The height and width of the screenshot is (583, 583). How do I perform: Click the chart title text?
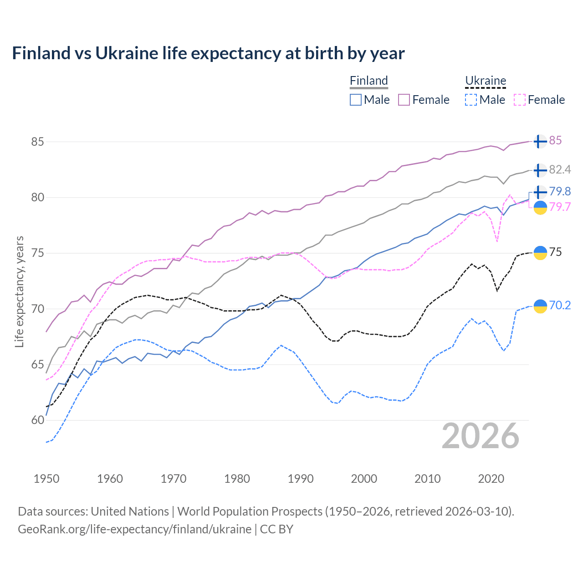point(208,53)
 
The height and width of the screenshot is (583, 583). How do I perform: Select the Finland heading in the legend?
point(368,81)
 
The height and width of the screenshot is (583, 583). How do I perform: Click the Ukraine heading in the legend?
point(486,81)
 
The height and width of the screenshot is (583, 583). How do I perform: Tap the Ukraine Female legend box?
point(520,100)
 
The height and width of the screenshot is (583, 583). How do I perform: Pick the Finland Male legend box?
point(356,100)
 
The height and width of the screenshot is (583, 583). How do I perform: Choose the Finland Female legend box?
point(404,100)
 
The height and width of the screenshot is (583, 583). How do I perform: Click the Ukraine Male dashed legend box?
point(471,100)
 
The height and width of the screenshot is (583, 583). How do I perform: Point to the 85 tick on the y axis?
point(37,142)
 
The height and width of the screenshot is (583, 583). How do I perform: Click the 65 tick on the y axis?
point(37,364)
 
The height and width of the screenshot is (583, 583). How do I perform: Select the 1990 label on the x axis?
point(301,479)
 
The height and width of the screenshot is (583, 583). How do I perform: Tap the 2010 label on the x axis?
point(427,479)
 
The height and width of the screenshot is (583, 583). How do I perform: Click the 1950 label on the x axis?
point(46,479)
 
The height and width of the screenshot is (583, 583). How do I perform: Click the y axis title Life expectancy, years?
point(19,291)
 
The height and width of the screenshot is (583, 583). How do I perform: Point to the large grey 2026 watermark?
point(480,436)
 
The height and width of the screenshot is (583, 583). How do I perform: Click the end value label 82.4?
point(560,170)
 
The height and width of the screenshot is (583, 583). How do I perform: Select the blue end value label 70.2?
point(560,305)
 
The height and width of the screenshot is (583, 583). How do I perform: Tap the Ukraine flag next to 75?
point(540,253)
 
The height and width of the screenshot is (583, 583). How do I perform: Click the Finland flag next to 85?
point(540,142)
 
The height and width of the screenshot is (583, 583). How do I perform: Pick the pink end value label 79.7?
point(560,207)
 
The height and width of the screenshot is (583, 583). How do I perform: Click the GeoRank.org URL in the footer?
point(134,529)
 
